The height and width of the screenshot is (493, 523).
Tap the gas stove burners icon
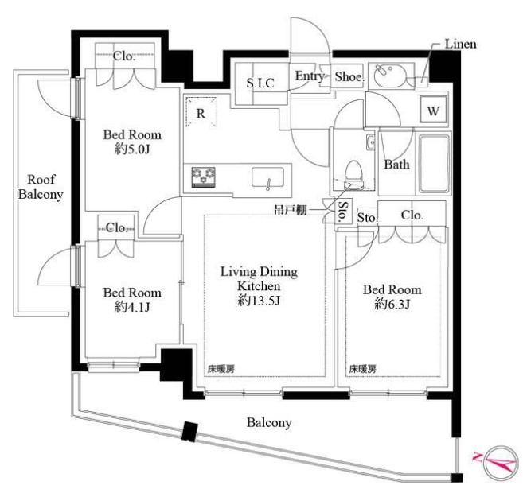tap(203, 177)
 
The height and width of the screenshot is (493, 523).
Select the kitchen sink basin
tap(267, 177)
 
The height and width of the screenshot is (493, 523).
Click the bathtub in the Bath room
tap(434, 164)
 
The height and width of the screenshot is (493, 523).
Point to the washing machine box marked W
tap(433, 110)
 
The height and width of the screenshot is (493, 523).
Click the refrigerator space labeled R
tap(201, 112)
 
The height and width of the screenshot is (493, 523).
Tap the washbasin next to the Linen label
tap(389, 76)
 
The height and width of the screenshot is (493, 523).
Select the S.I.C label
tap(260, 83)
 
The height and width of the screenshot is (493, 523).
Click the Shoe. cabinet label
tap(349, 77)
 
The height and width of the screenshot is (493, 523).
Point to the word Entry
tap(309, 76)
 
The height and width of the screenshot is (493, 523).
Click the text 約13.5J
tap(259, 301)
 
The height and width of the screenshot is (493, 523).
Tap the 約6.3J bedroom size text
tap(392, 304)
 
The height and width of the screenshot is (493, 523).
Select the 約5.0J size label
tap(132, 149)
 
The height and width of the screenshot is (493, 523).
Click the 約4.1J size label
tap(132, 307)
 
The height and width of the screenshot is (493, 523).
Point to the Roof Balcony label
tap(41, 187)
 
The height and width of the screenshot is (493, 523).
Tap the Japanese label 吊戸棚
tap(291, 210)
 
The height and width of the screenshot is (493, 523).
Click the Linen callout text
tap(460, 45)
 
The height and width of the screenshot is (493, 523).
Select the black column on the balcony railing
tap(189, 432)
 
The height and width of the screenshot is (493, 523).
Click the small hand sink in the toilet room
tap(370, 142)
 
